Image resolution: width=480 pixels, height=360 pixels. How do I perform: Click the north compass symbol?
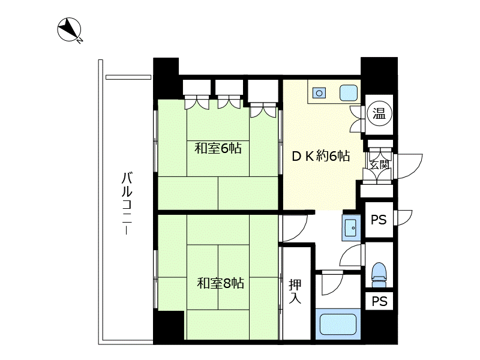tap(70, 29)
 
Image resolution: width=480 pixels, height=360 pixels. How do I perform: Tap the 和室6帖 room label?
tap(218, 148)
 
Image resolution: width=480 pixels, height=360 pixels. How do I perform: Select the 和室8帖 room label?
tap(220, 283)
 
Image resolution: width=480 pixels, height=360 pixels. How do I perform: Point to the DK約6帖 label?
tap(321, 156)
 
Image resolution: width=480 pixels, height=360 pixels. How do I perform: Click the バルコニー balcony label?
tap(127, 203)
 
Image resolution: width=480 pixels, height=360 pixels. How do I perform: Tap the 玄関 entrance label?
tap(379, 164)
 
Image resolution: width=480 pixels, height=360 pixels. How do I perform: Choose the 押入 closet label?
tap(295, 292)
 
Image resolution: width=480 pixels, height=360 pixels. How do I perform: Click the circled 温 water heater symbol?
tap(379, 114)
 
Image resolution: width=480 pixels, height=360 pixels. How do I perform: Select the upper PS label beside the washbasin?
tap(379, 220)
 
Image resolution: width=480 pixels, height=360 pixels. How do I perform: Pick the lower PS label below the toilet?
tap(380, 301)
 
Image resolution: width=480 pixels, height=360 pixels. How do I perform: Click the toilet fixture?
tap(379, 275)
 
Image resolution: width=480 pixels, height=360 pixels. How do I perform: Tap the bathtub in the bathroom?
tap(338, 325)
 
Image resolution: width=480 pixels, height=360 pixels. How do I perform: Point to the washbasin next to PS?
tap(351, 228)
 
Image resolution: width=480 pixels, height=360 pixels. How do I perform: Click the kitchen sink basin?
tap(349, 93)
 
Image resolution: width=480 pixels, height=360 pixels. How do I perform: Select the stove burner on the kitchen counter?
tap(319, 93)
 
